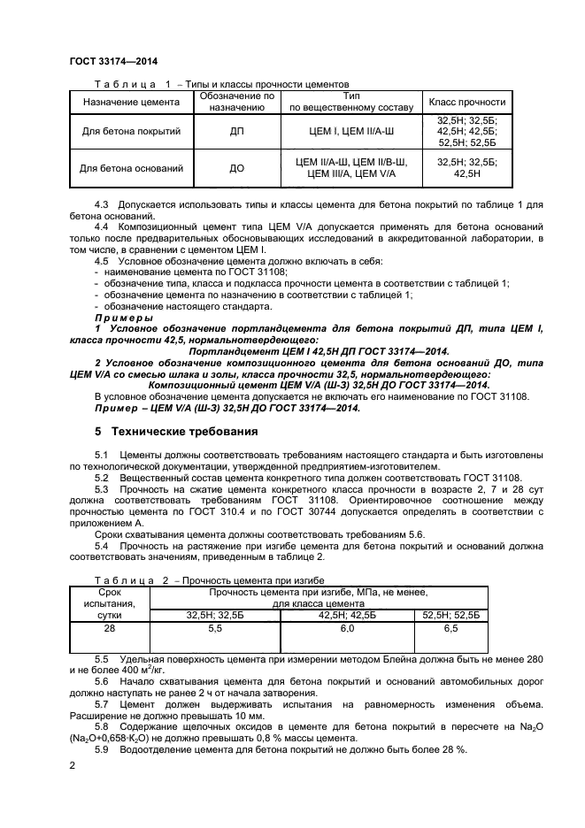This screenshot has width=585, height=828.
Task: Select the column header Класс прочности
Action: tap(466, 102)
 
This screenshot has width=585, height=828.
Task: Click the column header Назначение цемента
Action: tap(131, 102)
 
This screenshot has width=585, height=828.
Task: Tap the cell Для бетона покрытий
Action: tap(131, 131)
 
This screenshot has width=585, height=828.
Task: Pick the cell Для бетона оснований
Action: tap(131, 167)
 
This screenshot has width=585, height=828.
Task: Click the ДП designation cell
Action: tap(236, 131)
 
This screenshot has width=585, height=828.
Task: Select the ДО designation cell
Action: tap(236, 167)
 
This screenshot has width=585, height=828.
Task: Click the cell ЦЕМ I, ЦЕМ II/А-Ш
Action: tap(351, 131)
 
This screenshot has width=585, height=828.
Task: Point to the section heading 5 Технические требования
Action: tap(176, 432)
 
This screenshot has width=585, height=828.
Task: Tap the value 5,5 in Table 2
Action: tap(214, 627)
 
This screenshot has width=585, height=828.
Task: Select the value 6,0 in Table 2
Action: tap(346, 627)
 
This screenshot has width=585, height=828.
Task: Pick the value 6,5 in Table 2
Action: tap(450, 627)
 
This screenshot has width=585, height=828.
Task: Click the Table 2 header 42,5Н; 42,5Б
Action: tap(346, 614)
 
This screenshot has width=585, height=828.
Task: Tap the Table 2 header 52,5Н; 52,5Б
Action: tap(450, 614)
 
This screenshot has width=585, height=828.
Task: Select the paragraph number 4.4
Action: tap(102, 227)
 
